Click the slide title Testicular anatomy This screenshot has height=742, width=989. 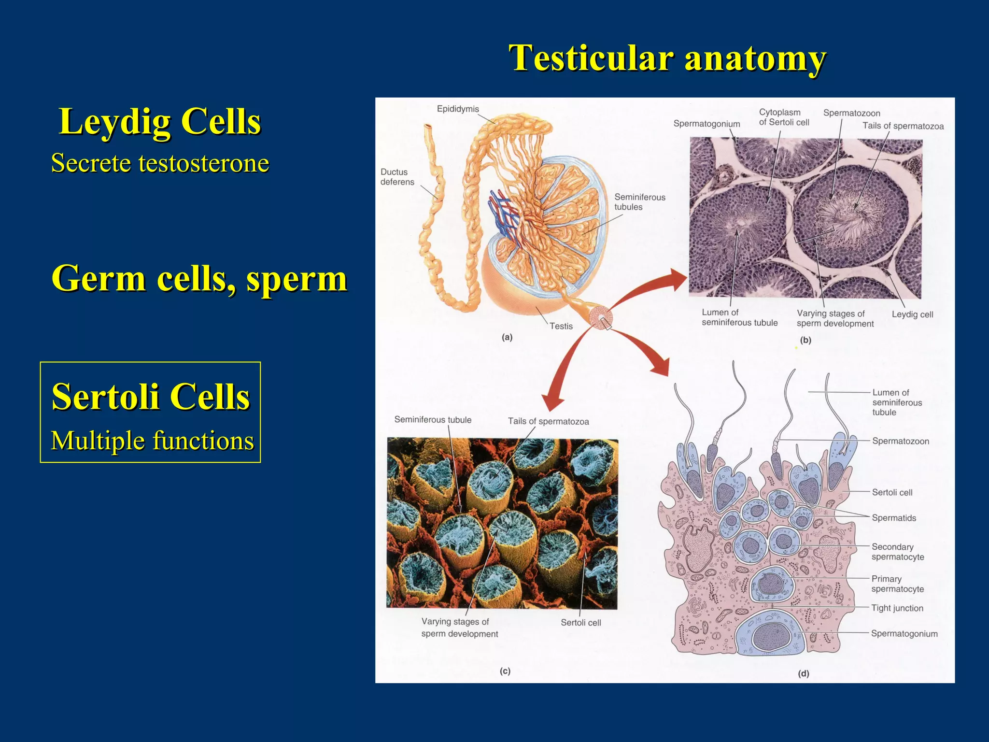click(667, 58)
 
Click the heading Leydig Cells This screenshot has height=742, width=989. click(160, 121)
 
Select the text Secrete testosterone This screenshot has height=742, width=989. click(160, 163)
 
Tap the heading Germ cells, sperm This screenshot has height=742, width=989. click(199, 278)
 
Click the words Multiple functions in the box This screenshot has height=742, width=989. click(152, 441)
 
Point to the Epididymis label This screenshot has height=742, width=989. click(457, 109)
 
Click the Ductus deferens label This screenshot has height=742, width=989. click(397, 177)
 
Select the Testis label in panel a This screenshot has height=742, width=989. click(561, 326)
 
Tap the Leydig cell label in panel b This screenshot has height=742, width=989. click(912, 314)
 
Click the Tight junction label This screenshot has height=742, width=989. click(897, 608)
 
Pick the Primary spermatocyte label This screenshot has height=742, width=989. click(897, 584)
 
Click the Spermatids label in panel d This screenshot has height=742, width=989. click(893, 518)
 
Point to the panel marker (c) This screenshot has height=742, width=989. click(505, 671)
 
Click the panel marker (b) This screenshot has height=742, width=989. click(805, 340)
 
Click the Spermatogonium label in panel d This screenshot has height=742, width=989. click(904, 634)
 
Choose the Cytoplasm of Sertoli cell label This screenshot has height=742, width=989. click(783, 117)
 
